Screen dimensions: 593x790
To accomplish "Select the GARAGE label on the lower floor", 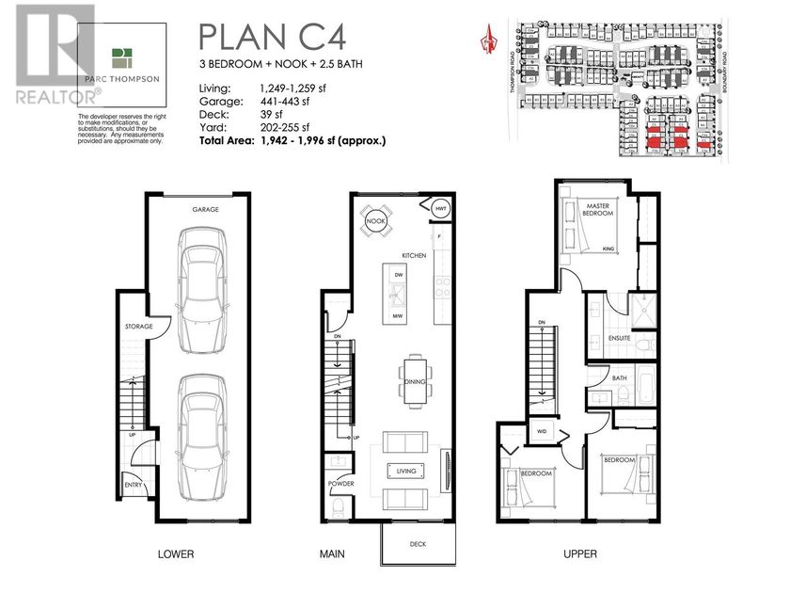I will coord(205,210).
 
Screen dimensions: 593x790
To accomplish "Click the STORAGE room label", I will coord(138,328).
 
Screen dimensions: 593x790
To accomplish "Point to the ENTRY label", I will coord(133,485).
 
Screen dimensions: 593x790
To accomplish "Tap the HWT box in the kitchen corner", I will coord(440,208).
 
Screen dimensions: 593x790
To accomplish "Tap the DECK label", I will coord(418,544).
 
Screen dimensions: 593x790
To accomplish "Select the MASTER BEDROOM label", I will coord(599,210).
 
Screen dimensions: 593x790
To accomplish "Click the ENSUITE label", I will coord(619,337).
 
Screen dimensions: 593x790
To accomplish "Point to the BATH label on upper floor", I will coord(620,378).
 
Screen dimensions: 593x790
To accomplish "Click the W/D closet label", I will coord(544,431).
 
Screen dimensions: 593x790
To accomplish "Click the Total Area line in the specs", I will coord(292,140).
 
